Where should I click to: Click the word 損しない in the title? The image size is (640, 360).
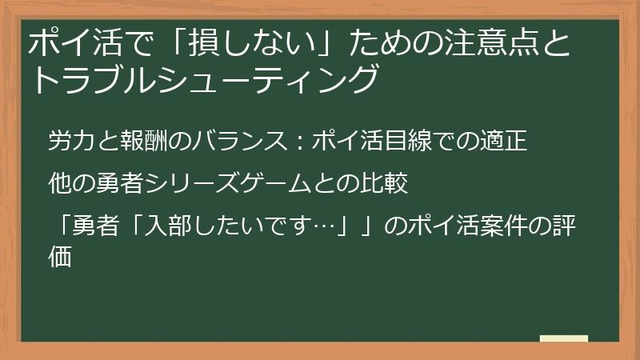(x=264, y=46)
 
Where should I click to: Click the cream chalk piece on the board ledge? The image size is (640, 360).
(x=564, y=339)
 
